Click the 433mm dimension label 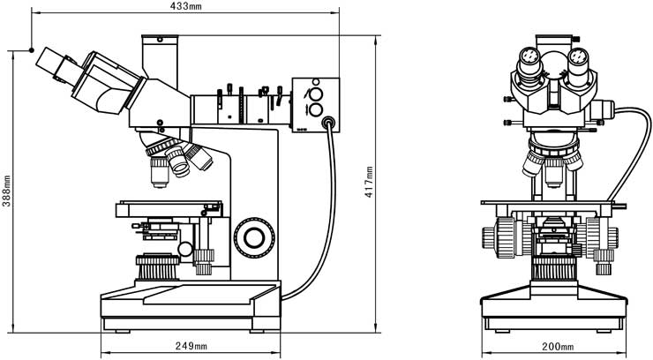(x=185, y=6)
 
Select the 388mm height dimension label (x=6, y=191)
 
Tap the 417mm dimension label (x=369, y=182)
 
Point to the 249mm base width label (x=191, y=345)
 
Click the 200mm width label (x=558, y=346)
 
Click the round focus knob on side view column (x=254, y=237)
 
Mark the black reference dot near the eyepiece (x=32, y=50)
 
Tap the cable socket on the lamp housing (x=328, y=123)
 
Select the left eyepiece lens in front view (x=529, y=56)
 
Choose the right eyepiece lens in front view (x=578, y=56)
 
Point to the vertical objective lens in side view (x=160, y=172)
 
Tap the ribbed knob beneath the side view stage (x=157, y=266)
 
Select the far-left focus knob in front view (x=489, y=237)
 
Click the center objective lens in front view (x=553, y=172)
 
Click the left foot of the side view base (x=123, y=331)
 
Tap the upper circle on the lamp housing (x=316, y=95)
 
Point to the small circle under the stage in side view (x=185, y=249)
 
